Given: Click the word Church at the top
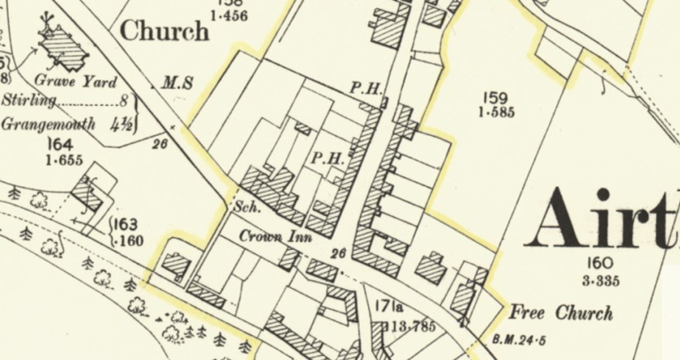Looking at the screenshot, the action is click(x=164, y=32).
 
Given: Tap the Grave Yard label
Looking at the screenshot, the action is click(x=76, y=81).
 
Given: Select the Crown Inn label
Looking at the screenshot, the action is click(x=266, y=236).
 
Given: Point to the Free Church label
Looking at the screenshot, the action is click(x=560, y=313).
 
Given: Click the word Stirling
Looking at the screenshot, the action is click(x=29, y=101).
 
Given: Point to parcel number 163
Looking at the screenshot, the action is click(x=125, y=225).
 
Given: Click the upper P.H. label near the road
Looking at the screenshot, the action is click(x=366, y=87).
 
